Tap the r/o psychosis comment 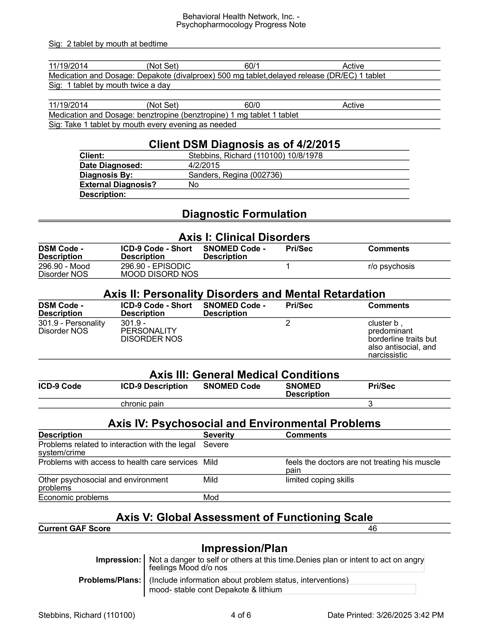391,266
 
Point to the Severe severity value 216,445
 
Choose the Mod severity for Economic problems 211,497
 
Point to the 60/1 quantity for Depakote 252,66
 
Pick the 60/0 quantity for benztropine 252,105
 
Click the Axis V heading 244,517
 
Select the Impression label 118,560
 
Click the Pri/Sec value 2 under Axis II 288,323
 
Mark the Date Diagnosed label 111,166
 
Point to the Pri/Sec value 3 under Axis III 370,404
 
